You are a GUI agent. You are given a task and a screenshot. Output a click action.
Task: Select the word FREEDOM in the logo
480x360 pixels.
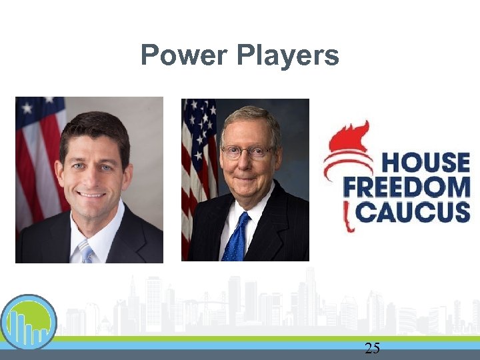[407, 187]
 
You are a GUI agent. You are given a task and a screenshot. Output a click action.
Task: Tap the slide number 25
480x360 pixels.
[372, 347]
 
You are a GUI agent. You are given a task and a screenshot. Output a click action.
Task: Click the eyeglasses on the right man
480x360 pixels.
[247, 151]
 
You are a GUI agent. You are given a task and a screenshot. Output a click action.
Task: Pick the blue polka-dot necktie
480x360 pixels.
[237, 239]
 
